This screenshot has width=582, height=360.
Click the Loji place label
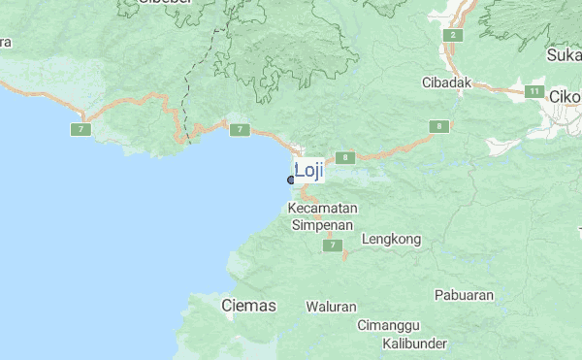[x=308, y=171]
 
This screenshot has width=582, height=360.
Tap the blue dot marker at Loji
[x=291, y=180]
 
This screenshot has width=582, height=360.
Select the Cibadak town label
[x=447, y=82]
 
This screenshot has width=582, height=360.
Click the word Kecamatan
[x=324, y=209]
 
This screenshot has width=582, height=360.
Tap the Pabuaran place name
[x=464, y=295]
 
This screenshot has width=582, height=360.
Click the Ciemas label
[x=248, y=306]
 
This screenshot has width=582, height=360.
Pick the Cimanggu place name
[x=388, y=325]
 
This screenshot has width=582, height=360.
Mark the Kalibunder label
[x=414, y=344]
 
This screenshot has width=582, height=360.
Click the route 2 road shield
[x=452, y=36]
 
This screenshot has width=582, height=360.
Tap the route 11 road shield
[x=534, y=91]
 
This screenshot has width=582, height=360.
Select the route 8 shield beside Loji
[x=344, y=157]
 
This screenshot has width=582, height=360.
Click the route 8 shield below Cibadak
[x=441, y=126]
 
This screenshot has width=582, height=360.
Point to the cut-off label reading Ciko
[x=565, y=97]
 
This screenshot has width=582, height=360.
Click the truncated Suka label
[x=564, y=55]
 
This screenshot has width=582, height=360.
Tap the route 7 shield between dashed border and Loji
[x=240, y=129]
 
